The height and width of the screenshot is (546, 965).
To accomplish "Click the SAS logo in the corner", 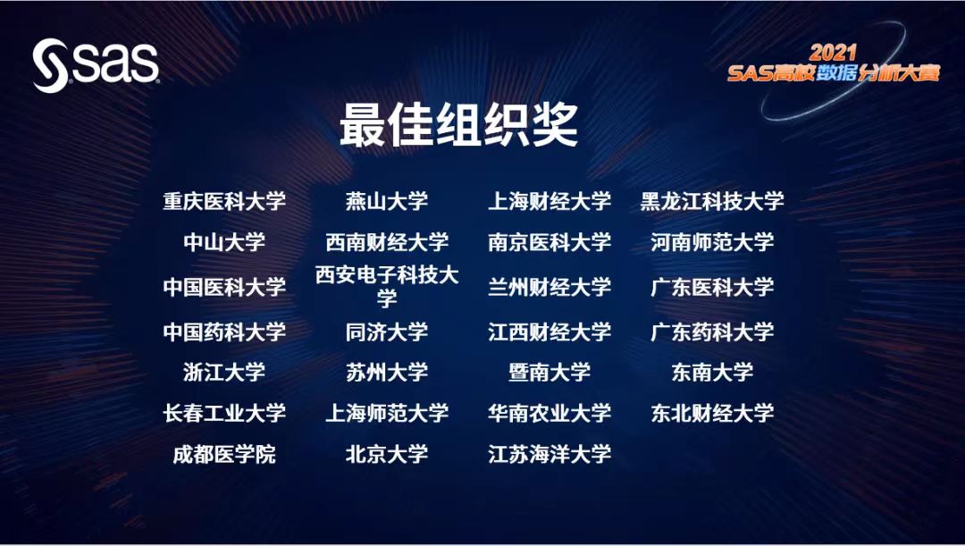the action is click(x=96, y=64).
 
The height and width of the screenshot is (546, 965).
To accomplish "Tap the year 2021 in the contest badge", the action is click(x=833, y=53).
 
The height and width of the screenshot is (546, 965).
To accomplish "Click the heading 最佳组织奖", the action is click(x=458, y=125).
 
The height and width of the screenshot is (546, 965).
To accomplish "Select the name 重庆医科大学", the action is click(x=224, y=201).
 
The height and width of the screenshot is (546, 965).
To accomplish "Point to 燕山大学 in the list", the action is click(x=387, y=201).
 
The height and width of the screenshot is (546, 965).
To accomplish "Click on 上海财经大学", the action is click(x=549, y=201).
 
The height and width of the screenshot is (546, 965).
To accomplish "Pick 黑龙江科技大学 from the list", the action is click(x=712, y=201).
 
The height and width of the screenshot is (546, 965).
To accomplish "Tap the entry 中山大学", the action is click(x=224, y=242).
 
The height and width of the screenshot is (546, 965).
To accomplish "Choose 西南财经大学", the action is click(x=387, y=242).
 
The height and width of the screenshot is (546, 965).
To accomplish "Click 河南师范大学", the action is click(x=712, y=242).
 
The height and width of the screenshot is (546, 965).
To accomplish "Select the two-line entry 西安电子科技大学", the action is click(x=387, y=287).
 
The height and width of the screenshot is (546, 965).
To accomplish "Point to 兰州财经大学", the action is click(x=549, y=287).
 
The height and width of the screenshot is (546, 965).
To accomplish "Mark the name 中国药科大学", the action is click(x=224, y=332).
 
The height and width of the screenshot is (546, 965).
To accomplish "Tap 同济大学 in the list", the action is click(x=387, y=332).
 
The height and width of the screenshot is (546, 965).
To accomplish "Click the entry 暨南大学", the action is click(x=549, y=372).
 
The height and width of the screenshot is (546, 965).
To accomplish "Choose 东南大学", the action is click(x=712, y=372).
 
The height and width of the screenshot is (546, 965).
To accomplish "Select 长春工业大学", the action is click(x=224, y=413).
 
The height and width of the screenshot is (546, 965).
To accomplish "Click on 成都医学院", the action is click(x=224, y=454).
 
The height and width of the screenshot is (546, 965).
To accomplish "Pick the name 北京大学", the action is click(x=387, y=454).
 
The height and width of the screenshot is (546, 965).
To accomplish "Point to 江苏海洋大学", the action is click(x=549, y=454).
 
